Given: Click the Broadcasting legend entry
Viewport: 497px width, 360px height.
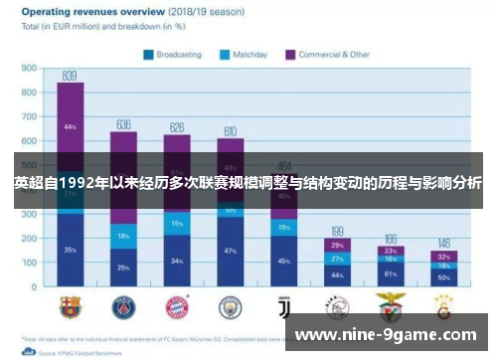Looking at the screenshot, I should pos(178,55).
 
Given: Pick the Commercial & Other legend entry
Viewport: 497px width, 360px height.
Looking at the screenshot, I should pos(328,55).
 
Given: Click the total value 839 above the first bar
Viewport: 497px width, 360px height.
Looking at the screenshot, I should pos(70,76).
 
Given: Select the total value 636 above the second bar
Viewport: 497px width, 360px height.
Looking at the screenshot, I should pos(123,124).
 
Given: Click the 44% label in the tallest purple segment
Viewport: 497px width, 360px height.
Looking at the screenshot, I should pos(70,127).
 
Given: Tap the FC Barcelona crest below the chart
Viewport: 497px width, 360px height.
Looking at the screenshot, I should pos(70,305).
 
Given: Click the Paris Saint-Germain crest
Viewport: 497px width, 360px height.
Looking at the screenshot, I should pos(123,305).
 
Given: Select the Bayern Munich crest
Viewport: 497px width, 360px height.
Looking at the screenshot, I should pos(177,305).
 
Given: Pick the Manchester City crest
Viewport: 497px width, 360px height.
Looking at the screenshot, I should pos(230,305).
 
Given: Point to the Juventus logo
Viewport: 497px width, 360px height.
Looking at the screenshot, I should pos(283,305).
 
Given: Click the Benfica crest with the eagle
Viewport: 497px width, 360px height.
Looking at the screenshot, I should pos(390,305).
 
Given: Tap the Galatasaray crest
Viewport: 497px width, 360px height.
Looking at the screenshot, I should pos(443,305).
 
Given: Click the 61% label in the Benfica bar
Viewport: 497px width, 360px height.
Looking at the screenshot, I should pos(390,272).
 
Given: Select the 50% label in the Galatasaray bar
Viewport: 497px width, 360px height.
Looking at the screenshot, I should pos(443,276).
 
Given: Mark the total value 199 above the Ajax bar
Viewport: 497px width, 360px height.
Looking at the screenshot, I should pos(337,230).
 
